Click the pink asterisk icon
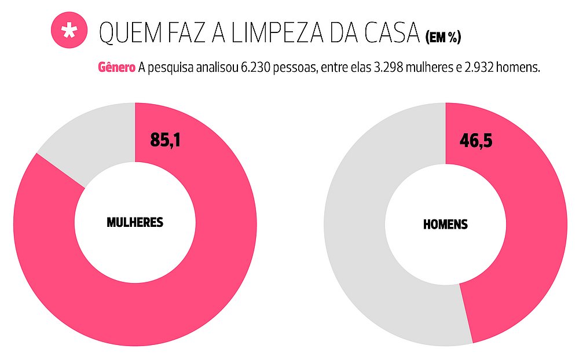click(69, 31)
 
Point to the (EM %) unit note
click(443, 38)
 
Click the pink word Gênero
click(117, 68)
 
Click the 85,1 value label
click(165, 140)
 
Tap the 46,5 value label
click(476, 140)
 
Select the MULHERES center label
click(135, 222)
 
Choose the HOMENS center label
click(445, 224)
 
